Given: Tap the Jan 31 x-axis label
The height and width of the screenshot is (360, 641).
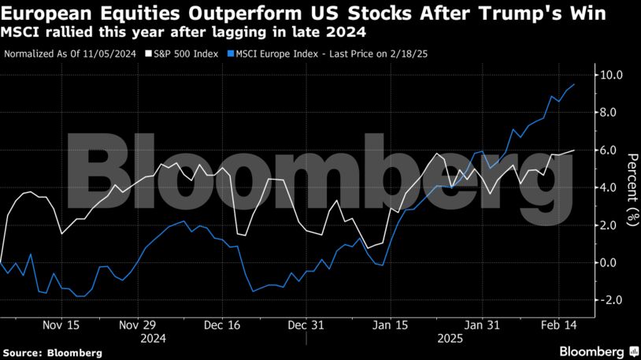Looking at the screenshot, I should click(481, 325).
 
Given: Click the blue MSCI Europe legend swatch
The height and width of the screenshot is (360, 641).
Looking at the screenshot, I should click(232, 54).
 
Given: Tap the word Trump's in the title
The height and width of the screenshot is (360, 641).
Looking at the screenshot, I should click(531, 13).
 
